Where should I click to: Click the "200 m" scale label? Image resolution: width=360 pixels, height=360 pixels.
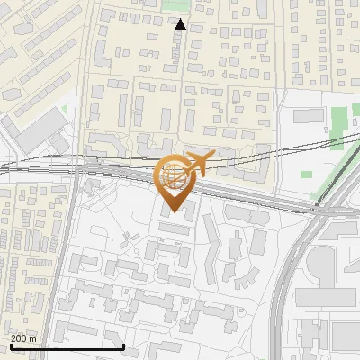coord(23,337)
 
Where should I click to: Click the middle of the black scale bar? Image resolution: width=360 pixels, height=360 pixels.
coord(67,346)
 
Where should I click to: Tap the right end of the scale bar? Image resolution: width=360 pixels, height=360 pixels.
coord(123,346)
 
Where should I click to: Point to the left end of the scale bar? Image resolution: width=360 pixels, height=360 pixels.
coord(11,346)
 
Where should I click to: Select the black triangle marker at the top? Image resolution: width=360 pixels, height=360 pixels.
coord(180,24)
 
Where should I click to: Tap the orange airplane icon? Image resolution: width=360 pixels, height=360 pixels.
coord(195,163)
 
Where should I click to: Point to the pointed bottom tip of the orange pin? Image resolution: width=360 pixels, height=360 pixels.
coord(175,212)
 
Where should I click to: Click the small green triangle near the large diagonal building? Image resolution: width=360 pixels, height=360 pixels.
coord(64,109)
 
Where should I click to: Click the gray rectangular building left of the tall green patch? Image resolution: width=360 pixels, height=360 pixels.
coord(307,115)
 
